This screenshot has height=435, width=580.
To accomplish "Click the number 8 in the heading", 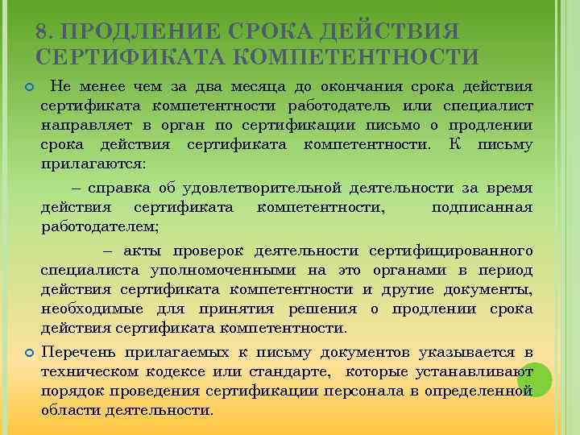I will [x=43, y=33].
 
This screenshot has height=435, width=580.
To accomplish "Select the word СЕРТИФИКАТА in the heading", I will [x=133, y=56].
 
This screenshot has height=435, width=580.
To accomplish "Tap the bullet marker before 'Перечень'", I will [x=29, y=353].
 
